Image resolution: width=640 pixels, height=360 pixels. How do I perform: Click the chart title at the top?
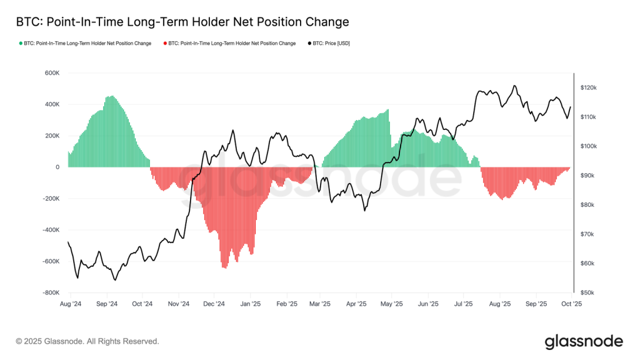coord(182,22)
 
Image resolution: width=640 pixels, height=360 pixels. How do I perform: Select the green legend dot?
coord(21,44)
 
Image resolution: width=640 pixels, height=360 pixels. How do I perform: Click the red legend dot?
coord(165,44)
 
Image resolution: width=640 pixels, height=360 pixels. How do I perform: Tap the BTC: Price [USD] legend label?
coord(331,44)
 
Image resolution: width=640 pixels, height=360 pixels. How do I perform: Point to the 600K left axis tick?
coord(51,73)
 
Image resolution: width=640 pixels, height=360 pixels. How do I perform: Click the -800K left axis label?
coord(50,292)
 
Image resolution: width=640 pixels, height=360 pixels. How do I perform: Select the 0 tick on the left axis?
coord(57,167)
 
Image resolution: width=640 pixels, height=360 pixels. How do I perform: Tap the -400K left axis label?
coord(50,230)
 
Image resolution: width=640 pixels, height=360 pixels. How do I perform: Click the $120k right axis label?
coord(589,88)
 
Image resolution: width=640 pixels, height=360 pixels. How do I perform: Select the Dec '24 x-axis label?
coord(214,304)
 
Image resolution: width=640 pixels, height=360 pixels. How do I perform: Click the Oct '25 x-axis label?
coord(571,304)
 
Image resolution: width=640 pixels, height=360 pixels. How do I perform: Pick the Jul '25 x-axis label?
coord(463,304)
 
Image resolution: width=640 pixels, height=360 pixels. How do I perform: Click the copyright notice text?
coord(87,341)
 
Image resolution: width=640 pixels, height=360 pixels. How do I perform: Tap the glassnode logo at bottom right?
coord(584,341)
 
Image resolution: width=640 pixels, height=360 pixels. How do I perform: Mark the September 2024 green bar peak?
coord(111,96)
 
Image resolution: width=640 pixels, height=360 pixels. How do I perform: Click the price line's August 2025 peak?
coord(514,86)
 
